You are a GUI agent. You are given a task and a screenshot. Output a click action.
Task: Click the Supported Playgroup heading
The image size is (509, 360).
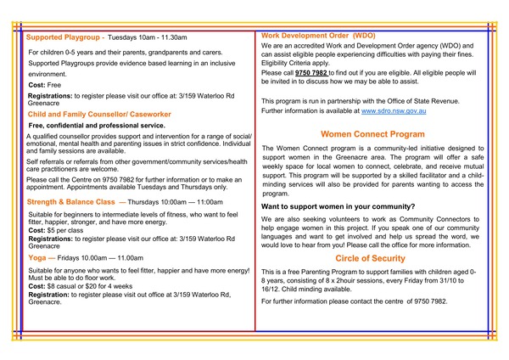(64, 38)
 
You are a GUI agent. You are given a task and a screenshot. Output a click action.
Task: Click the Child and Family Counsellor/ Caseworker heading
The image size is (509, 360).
(99, 114)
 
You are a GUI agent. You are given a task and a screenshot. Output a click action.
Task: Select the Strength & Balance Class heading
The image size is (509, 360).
(70, 203)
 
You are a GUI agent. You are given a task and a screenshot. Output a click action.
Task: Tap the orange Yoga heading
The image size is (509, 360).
(38, 256)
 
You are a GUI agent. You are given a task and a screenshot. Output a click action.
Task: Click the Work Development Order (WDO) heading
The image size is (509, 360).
(318, 36)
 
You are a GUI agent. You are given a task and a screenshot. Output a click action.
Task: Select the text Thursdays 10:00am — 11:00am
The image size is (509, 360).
(173, 203)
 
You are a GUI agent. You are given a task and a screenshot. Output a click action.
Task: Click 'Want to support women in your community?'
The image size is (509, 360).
(338, 207)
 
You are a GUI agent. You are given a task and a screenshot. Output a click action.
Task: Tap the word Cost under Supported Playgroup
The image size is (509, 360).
(36, 86)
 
